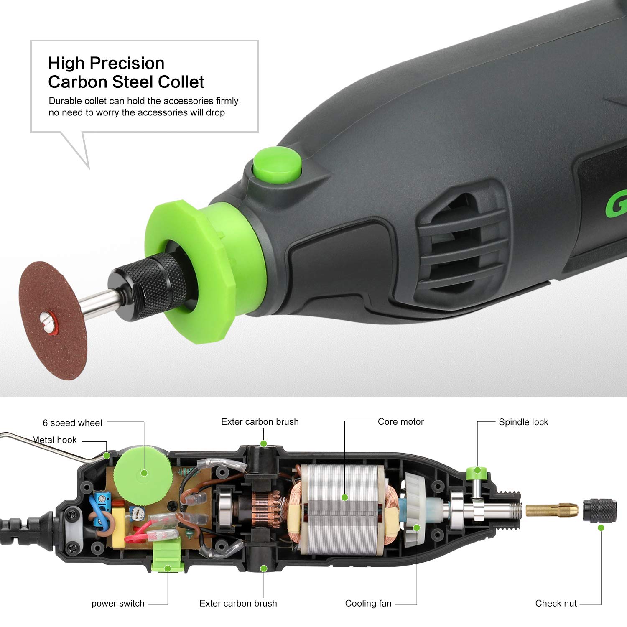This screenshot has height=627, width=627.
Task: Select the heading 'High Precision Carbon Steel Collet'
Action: [x=126, y=72]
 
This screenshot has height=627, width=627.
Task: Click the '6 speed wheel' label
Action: [x=72, y=423]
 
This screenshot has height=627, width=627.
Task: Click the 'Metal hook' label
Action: [x=54, y=440]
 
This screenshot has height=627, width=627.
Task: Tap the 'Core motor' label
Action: [x=400, y=422]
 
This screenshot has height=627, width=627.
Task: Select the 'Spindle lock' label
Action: [x=523, y=422]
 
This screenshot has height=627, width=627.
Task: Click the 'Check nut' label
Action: [x=556, y=603]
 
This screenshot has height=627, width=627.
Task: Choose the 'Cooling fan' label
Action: [x=368, y=603]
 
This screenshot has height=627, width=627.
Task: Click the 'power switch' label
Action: [x=117, y=603]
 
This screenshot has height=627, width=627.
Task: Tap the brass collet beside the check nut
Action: [x=551, y=510]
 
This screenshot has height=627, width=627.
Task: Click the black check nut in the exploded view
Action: [x=600, y=510]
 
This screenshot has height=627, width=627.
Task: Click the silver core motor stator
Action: [x=343, y=510]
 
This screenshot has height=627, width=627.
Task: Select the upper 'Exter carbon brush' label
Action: [x=260, y=422]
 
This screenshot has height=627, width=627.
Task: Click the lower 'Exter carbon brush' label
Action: [x=238, y=603]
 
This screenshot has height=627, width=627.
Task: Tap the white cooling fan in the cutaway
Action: [x=414, y=510]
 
